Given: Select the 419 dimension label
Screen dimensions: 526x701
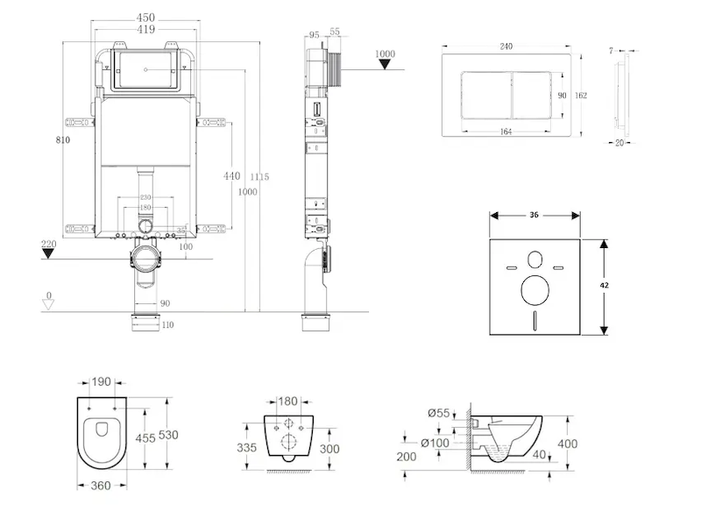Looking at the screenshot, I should pos(145,29).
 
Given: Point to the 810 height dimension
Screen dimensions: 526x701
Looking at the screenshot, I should pos(60,139).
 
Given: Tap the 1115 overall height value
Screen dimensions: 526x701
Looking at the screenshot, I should pos(259,177).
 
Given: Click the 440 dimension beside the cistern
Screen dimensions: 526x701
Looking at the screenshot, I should pos(231,175).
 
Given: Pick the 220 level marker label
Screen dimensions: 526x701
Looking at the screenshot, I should pos(48,244).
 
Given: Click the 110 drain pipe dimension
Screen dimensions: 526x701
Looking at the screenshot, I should pos(166,325).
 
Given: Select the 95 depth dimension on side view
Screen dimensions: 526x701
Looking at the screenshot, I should pos(314,35).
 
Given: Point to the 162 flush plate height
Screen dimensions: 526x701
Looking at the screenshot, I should pos(580,96).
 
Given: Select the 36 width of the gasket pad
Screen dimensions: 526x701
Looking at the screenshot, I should pos(535,215).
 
